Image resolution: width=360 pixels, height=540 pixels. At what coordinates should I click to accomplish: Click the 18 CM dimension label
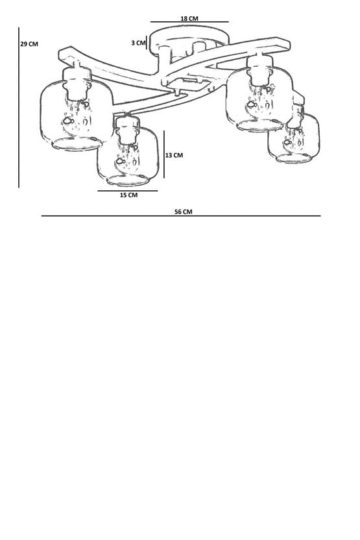coord(189,18)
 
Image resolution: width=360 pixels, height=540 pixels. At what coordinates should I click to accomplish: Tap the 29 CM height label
coord(29,44)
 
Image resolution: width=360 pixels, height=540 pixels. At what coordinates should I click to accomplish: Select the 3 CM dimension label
coord(138,43)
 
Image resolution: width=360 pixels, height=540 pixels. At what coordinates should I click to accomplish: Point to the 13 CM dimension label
coord(174,155)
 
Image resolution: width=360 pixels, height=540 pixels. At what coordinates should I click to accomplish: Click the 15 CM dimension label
coord(128,195)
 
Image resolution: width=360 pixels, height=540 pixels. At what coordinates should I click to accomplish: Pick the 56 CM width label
coord(184,212)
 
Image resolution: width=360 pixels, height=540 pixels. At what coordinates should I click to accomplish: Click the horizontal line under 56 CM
coord(181,216)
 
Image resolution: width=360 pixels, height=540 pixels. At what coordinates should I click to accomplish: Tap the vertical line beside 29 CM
coord(19,108)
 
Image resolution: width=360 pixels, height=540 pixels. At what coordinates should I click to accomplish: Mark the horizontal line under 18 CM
coord(189,22)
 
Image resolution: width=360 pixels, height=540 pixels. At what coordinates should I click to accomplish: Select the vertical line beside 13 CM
coord(164,154)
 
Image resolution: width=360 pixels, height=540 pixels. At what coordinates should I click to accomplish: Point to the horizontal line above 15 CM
coord(128,191)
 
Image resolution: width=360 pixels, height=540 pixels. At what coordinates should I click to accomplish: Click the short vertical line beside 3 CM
coord(147,43)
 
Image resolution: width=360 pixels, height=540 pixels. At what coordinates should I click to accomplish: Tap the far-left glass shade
coord(76,116)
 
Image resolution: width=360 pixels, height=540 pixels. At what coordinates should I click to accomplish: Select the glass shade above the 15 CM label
coord(128,156)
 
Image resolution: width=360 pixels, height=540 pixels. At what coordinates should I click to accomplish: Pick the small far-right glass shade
coord(294,138)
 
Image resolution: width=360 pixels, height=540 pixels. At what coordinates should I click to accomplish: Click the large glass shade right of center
coord(260,101)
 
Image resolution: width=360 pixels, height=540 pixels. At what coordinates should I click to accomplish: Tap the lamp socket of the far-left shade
coord(77,83)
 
